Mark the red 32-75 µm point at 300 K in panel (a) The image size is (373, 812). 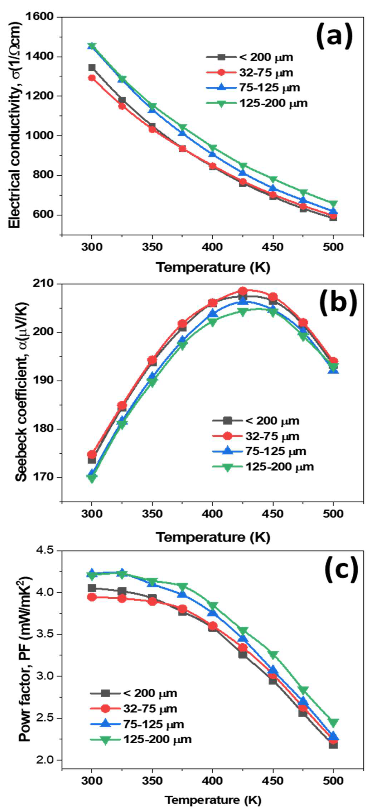pyautogui.click(x=92, y=78)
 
